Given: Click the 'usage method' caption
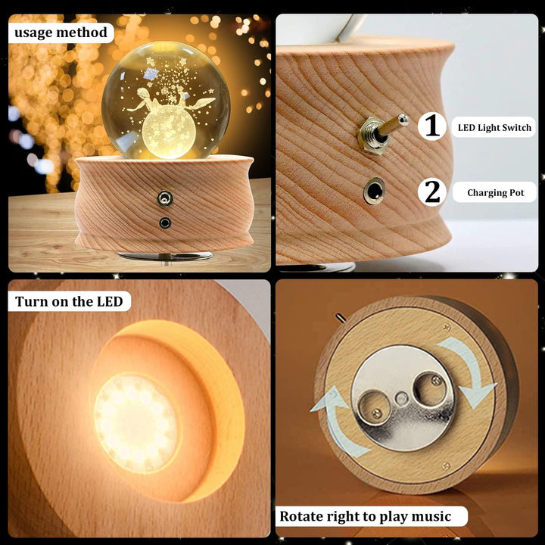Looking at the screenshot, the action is tap(61, 33).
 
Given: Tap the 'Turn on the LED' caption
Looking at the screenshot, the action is tap(69, 301).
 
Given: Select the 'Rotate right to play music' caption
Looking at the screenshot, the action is tap(366, 516).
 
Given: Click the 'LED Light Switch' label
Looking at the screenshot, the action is tap(494, 128).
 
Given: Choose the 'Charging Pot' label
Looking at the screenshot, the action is tap(495, 192).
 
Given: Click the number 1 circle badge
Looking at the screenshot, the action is tap(432, 126).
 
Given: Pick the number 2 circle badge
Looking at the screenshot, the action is tap(432, 192).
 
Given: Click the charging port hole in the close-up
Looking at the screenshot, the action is tap(375, 192).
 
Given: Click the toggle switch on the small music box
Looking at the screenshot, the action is tap(165, 198).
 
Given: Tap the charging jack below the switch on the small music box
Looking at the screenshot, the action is tap(165, 223).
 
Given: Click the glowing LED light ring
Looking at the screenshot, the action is tap(136, 423).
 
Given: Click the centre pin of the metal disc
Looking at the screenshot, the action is tap(401, 398).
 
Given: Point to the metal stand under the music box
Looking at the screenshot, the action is tap(166, 257).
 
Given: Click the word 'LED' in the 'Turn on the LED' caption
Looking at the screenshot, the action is tap(110, 301).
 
